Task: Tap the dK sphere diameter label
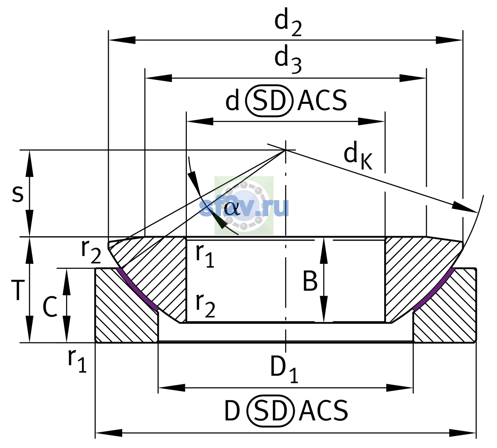[x=358, y=155]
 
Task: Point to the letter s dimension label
[x=18, y=194]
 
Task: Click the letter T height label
[x=18, y=290]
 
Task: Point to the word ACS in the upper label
[x=322, y=100]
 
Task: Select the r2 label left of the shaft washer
[x=91, y=252]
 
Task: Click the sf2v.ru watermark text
[x=244, y=208]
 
